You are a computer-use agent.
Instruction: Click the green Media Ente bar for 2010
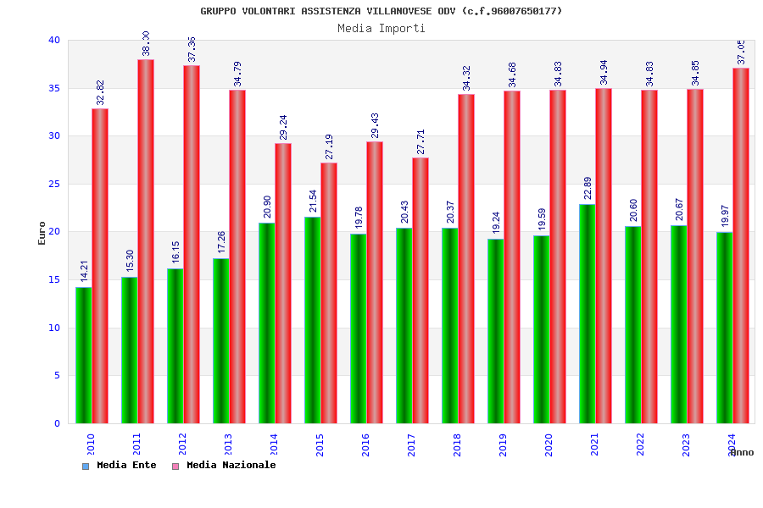pos(83,356)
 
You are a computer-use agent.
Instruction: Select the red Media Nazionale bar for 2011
pos(146,241)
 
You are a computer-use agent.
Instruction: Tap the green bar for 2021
pos(587,313)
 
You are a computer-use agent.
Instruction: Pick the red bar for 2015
pos(329,293)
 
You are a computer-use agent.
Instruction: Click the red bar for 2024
pos(741,246)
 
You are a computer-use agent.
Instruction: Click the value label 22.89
pos(588,188)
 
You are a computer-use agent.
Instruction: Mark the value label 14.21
pos(84,271)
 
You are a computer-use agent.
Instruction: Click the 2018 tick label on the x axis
pos(458,444)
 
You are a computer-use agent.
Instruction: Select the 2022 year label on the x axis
pos(641,444)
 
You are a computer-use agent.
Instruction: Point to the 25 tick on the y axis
pos(54,184)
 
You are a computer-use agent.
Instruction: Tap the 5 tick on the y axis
pos(57,376)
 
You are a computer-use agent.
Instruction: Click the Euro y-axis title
pos(42,233)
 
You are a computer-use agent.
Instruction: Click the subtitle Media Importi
pos(381,28)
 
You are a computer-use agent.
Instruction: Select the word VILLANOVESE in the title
pos(397,11)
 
